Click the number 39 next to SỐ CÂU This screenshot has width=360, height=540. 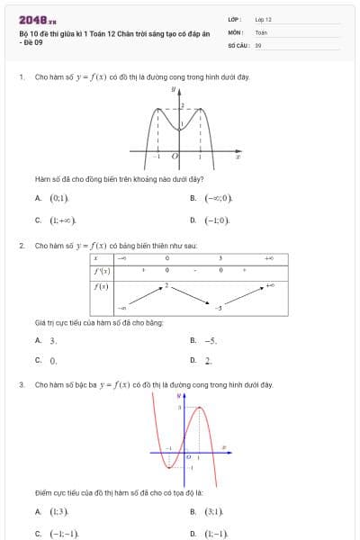pyautogui.click(x=258, y=44)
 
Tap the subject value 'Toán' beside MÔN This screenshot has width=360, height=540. pyautogui.click(x=261, y=31)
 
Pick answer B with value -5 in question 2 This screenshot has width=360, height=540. pyautogui.click(x=211, y=340)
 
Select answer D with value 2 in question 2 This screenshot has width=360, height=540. pyautogui.click(x=208, y=360)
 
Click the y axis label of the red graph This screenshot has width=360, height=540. pyautogui.click(x=179, y=395)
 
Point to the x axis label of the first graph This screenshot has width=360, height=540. pyautogui.click(x=238, y=157)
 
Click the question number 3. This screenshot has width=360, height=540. pyautogui.click(x=21, y=384)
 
